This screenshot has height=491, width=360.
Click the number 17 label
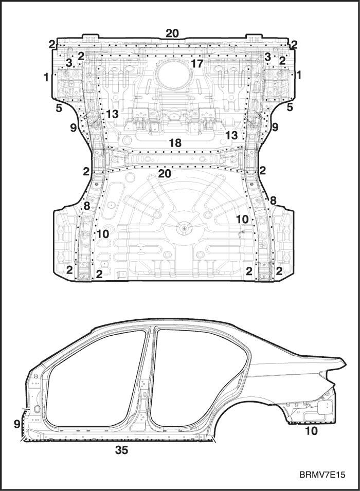[197, 64]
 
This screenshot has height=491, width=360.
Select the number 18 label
[175, 143]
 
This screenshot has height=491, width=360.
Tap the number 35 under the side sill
[122, 450]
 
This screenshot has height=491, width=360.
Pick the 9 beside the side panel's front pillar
[17, 424]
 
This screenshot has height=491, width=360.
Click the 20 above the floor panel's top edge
[172, 33]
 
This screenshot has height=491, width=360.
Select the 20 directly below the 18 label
[165, 173]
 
